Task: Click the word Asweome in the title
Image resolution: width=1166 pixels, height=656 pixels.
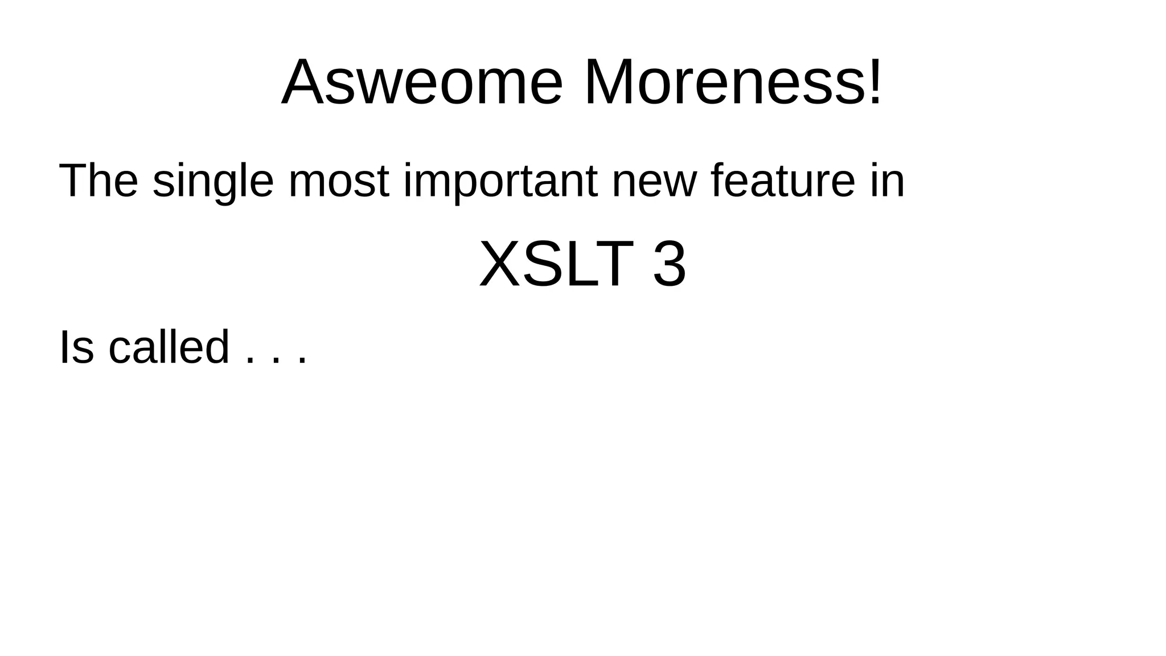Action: [422, 83]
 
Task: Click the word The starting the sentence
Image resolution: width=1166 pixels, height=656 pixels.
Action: [98, 181]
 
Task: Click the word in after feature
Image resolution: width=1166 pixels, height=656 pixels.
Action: [887, 181]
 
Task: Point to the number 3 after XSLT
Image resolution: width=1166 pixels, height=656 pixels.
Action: [669, 265]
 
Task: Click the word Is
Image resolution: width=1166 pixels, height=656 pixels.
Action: [76, 347]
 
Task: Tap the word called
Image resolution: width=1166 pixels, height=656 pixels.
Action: [169, 347]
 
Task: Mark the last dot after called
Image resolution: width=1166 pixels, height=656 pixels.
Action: [302, 360]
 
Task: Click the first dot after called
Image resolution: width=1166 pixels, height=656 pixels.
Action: [248, 360]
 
